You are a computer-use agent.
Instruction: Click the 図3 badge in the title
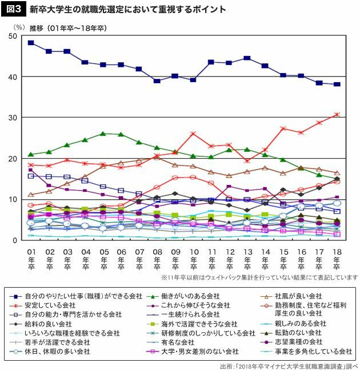coord(14,10)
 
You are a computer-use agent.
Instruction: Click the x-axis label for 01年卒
coord(31,259)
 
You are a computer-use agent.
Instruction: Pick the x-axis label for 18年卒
coord(337,259)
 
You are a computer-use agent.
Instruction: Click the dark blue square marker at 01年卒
coord(31,43)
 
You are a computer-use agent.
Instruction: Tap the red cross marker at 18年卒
coord(337,114)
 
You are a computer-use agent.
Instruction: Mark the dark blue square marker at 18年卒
coord(337,84)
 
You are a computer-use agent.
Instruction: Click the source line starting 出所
coord(288,366)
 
